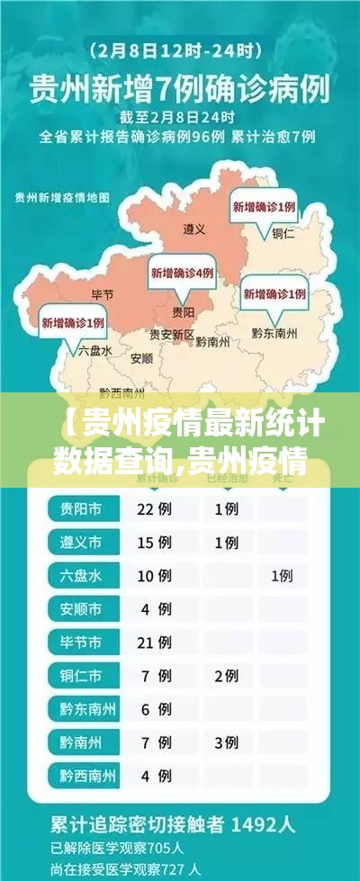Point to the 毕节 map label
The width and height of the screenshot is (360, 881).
pyautogui.click(x=103, y=294)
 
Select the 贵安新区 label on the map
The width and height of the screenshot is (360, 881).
pyautogui.click(x=172, y=334)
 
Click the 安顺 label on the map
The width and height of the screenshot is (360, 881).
pyautogui.click(x=141, y=358)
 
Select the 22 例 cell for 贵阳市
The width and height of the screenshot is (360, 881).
pyautogui.click(x=152, y=509)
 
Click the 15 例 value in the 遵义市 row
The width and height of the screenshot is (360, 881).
pyautogui.click(x=152, y=543)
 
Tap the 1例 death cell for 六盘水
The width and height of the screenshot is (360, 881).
pyautogui.click(x=282, y=576)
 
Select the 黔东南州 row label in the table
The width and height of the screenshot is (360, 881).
pyautogui.click(x=87, y=708)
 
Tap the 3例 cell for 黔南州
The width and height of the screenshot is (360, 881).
pyautogui.click(x=226, y=742)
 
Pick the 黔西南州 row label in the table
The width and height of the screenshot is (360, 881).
pyautogui.click(x=87, y=775)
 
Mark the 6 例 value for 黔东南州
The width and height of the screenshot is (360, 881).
pyautogui.click(x=152, y=708)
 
